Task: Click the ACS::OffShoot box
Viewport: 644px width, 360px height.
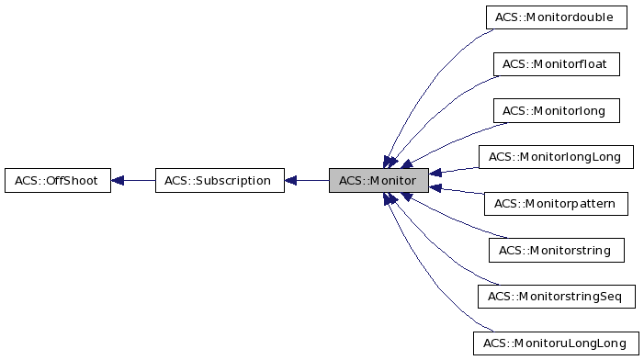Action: pos(57,180)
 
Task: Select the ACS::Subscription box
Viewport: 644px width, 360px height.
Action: pos(218,180)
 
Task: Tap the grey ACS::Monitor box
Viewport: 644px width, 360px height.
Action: pos(378,180)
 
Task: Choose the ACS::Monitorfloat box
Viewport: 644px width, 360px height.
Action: pos(556,64)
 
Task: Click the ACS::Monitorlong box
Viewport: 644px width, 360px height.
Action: pos(556,111)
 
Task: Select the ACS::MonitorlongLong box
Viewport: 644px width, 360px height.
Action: pos(556,157)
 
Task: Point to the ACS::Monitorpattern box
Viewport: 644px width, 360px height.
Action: pos(556,204)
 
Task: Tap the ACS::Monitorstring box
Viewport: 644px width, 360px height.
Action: pos(556,250)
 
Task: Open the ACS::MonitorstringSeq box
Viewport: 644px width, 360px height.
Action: pos(556,297)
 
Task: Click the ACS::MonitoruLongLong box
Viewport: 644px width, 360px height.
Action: pos(556,344)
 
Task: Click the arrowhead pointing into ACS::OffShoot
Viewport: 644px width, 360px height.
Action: pos(119,180)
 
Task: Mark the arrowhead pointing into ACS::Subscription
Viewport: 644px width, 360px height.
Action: pos(291,180)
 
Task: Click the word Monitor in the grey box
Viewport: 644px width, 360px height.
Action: pos(392,180)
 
